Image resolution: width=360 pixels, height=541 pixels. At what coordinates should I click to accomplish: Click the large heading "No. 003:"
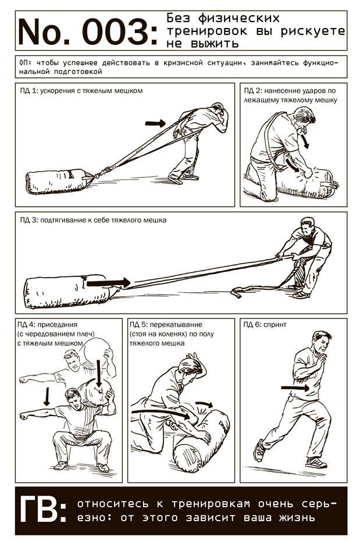click(88, 32)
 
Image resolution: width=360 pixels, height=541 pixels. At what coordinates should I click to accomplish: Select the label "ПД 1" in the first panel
click(28, 91)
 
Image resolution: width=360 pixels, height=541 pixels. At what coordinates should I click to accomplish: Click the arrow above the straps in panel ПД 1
click(155, 123)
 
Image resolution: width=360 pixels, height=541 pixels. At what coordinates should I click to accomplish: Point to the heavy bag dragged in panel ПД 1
click(59, 181)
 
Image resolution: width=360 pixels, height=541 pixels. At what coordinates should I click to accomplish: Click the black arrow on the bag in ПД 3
click(108, 283)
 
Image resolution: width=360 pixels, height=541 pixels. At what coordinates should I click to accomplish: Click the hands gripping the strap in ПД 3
click(287, 257)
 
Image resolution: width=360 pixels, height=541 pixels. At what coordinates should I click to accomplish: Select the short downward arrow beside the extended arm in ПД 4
click(47, 396)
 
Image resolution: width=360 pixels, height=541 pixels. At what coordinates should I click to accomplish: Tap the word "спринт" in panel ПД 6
click(275, 325)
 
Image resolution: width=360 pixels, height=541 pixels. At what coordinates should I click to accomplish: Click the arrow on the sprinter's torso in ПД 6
click(295, 388)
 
